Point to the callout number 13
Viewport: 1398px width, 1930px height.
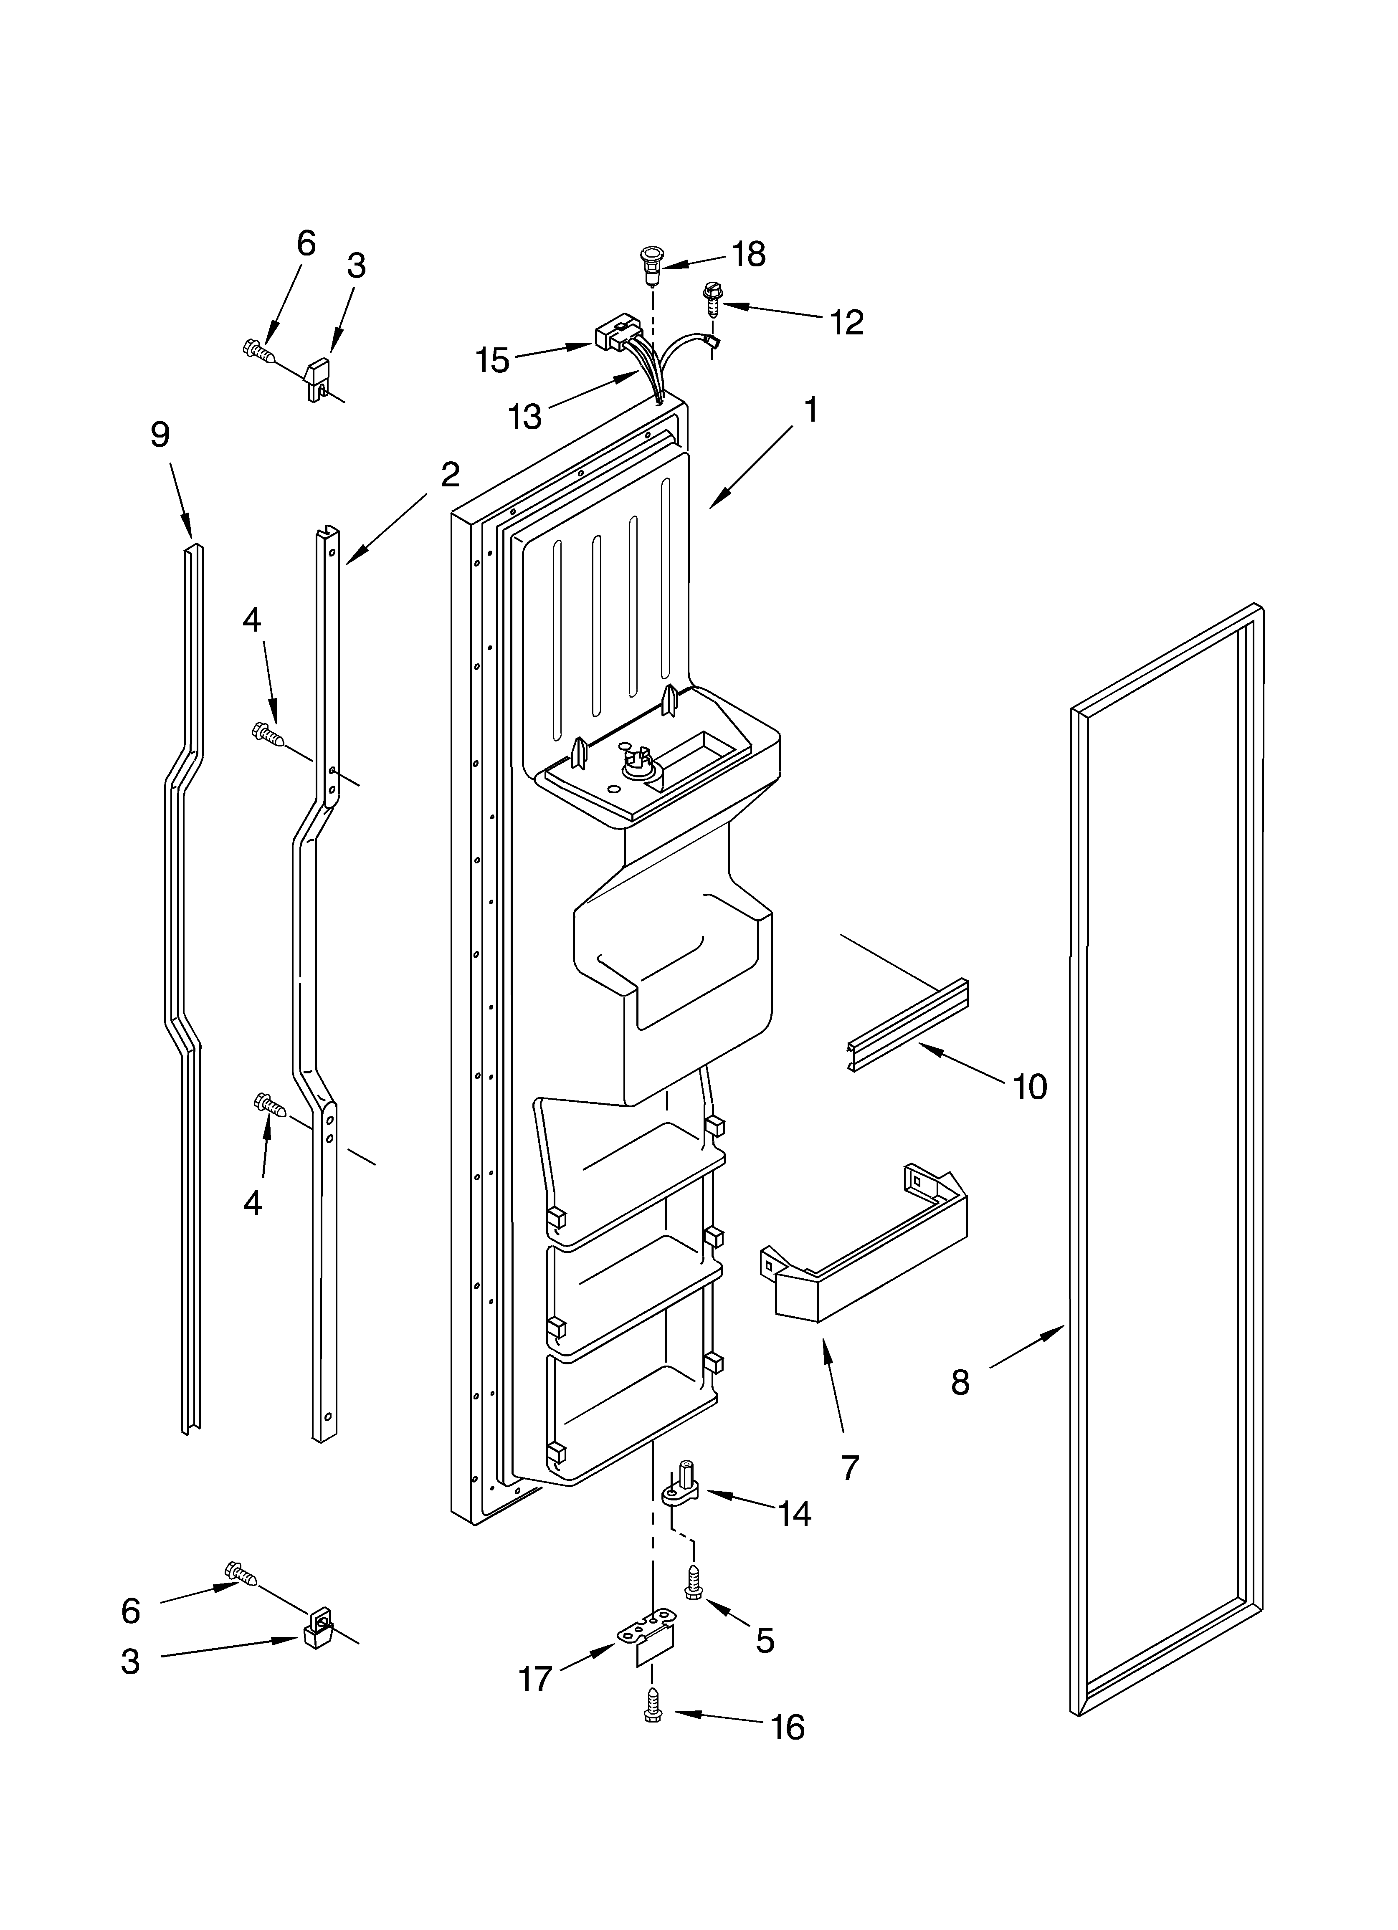pos(524,417)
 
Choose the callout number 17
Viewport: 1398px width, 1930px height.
pos(536,1679)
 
